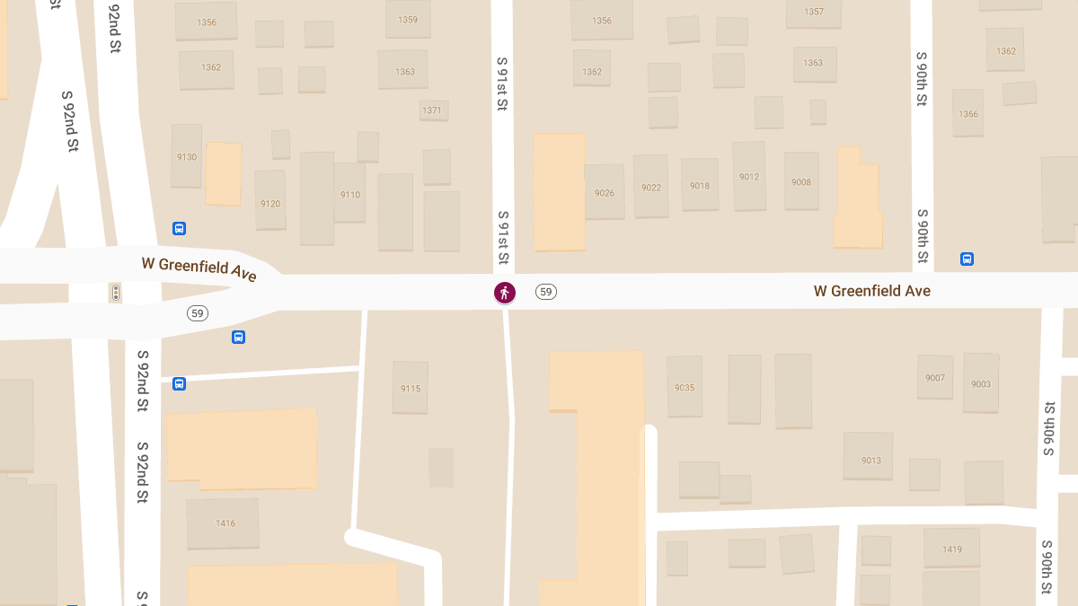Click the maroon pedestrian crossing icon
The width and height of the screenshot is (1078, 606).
pos(505,292)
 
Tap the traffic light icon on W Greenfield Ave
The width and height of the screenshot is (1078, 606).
pos(115,293)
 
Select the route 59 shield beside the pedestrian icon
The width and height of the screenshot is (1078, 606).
pos(545,292)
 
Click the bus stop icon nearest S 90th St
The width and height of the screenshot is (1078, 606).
pos(967,259)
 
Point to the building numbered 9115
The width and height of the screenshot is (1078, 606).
pos(411,388)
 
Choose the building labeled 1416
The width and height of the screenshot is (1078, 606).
pos(224,523)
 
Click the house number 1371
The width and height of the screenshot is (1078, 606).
pos(433,110)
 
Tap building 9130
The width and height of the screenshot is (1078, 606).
pos(187,156)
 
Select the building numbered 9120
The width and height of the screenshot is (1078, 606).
pos(270,203)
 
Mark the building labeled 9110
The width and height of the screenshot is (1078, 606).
pos(349,194)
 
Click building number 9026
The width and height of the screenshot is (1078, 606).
pos(605,192)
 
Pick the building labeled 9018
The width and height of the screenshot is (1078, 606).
pos(700,185)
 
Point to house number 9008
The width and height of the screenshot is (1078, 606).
pos(801,181)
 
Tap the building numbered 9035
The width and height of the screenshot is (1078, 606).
pos(685,388)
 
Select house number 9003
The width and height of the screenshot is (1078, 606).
pos(981,383)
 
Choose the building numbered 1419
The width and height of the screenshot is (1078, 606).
pos(951,548)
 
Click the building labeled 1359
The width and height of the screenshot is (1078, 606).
pos(408,20)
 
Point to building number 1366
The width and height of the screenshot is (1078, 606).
pos(968,113)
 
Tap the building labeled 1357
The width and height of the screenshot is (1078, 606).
pos(813,13)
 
